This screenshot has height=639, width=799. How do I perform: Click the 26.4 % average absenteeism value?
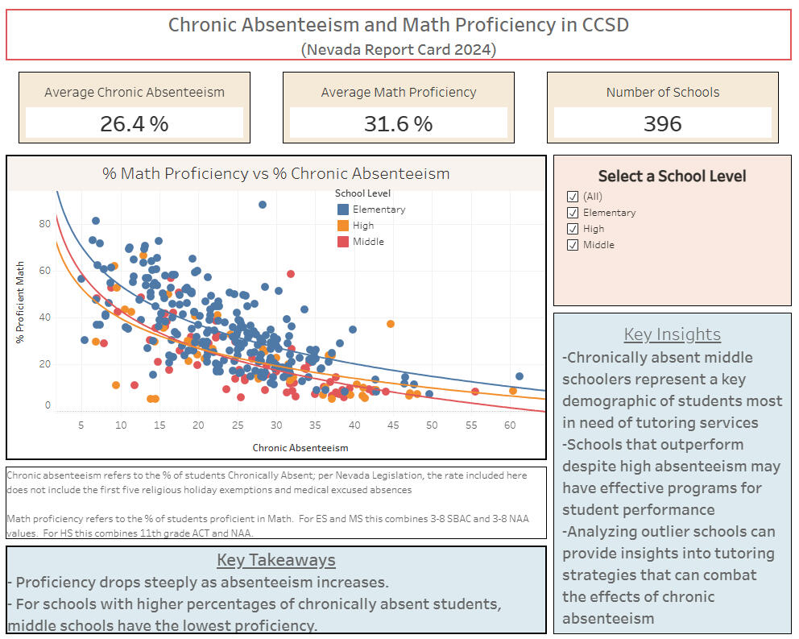coord(134,123)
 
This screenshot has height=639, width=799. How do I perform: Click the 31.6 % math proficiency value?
coord(399,123)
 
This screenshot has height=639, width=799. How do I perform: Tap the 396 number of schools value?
coord(662,123)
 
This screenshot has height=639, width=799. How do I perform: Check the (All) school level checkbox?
coord(573,197)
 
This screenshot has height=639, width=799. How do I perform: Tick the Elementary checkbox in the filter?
coord(573,213)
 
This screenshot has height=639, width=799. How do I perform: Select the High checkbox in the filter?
coord(573,229)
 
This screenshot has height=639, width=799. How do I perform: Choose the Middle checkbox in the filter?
coord(573,245)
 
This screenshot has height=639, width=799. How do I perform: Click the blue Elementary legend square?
coord(342,210)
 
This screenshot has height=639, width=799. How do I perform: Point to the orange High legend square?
coord(342,226)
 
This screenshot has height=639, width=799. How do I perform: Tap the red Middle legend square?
coord(342,242)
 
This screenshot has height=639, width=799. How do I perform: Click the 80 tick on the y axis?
coord(45,224)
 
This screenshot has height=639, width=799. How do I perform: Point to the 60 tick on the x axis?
coord(509,425)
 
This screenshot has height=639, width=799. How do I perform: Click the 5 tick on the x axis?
coord(81,425)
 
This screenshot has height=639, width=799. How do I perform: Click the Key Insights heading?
coord(672,334)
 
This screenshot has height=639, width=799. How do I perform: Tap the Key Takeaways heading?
coord(275,560)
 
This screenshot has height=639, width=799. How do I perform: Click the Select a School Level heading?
coord(672,176)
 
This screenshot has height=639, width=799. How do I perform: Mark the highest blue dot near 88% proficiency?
coord(263,205)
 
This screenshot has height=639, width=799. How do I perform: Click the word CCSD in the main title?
coord(605,25)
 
